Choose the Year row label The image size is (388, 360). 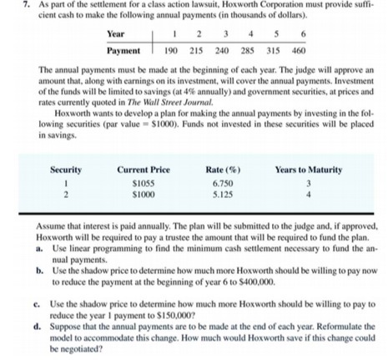118,34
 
